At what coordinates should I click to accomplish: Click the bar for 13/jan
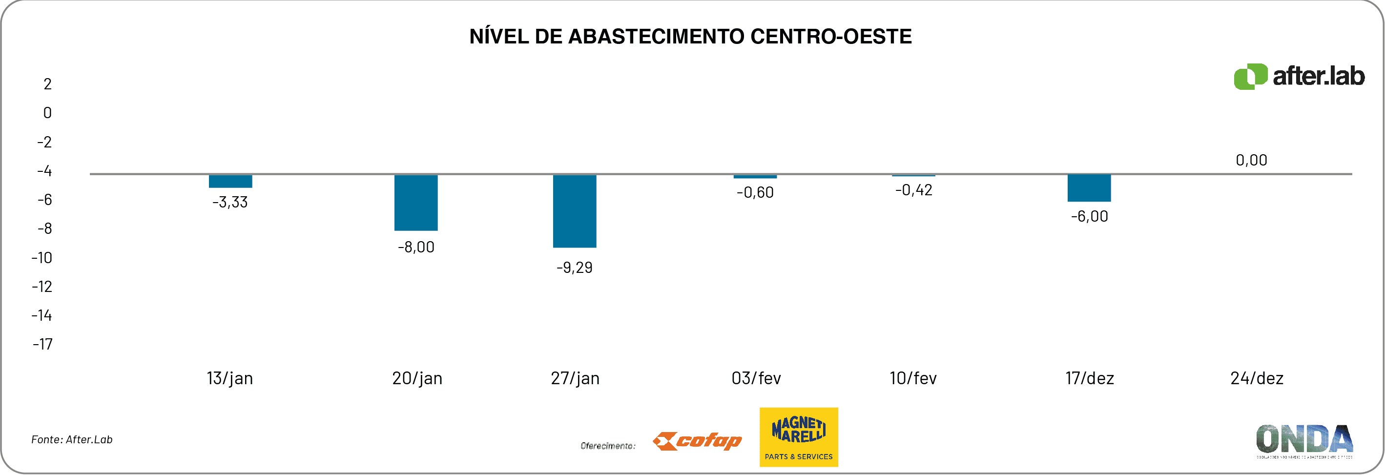point(230,181)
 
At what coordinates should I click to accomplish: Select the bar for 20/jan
point(415,203)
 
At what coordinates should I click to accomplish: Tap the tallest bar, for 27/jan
point(574,211)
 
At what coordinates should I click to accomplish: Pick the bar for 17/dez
point(1089,188)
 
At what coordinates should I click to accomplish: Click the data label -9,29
point(574,268)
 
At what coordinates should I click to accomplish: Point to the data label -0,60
point(755,192)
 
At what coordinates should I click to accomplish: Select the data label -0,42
point(913,190)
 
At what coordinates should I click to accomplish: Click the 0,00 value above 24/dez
point(1251,160)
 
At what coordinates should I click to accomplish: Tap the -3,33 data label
point(230,202)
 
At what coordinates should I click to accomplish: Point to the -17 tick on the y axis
point(43,344)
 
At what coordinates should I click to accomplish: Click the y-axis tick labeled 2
point(48,84)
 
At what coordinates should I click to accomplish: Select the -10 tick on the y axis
point(42,258)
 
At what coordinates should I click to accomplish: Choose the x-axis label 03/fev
point(756,378)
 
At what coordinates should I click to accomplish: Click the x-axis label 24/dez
point(1257,378)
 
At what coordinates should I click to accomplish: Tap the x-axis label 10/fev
point(913,378)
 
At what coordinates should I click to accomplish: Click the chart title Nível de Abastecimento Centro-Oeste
point(690,37)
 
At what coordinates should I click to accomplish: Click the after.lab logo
point(1299,76)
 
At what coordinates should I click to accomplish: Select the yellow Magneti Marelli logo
point(798,437)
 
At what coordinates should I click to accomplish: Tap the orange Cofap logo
point(697,441)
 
